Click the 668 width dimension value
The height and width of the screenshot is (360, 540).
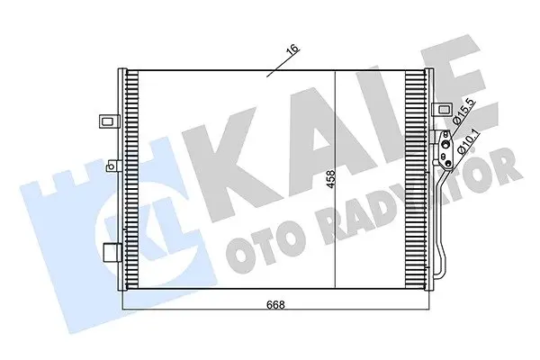pyautogui.click(x=275, y=304)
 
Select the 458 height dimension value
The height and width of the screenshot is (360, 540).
pyautogui.click(x=330, y=179)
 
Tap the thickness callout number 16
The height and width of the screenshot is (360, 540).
pyautogui.click(x=292, y=49)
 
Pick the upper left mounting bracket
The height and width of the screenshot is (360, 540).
pyautogui.click(x=110, y=121)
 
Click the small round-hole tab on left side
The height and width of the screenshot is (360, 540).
pyautogui.click(x=113, y=166)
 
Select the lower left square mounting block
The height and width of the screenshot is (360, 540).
pyautogui.click(x=112, y=253)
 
